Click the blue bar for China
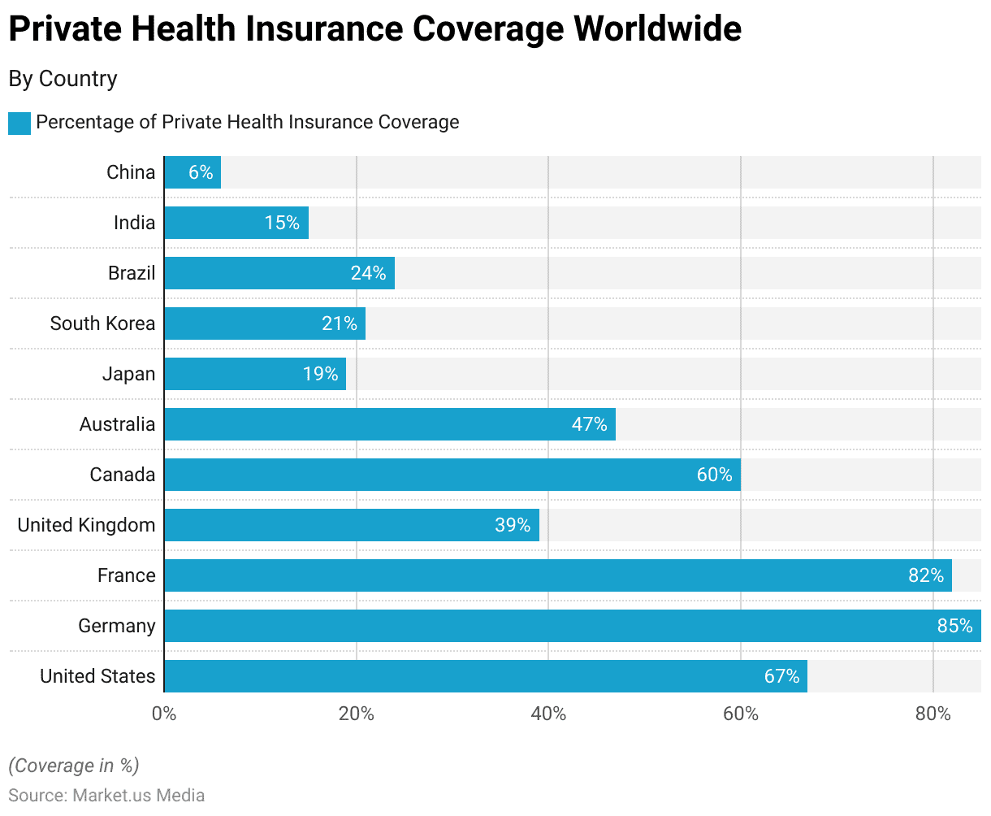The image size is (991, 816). [193, 172]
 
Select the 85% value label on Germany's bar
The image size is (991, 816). [954, 626]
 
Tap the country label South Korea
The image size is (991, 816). [102, 323]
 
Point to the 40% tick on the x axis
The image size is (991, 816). [548, 714]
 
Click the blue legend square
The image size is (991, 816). [19, 124]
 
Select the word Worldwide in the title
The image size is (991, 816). [657, 30]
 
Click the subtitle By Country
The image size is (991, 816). [63, 79]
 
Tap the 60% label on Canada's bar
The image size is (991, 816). [714, 475]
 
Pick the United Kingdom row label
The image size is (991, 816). [86, 525]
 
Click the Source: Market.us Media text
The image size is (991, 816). [106, 795]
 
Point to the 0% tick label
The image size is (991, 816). [164, 714]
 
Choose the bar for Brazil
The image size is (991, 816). [279, 273]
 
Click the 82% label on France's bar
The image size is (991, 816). [926, 575]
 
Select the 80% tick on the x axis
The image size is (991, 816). [933, 714]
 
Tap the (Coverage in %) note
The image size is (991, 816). [74, 766]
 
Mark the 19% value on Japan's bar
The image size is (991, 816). [320, 374]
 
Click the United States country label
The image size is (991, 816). [97, 676]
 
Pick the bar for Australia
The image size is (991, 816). [390, 424]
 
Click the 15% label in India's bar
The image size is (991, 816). [282, 223]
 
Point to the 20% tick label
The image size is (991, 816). [356, 714]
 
